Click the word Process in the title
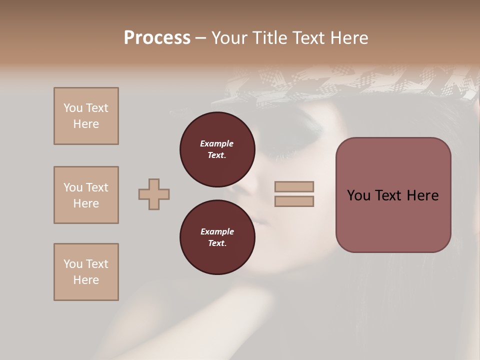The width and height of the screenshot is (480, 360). [x=157, y=38]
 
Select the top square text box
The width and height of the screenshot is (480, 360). [x=86, y=116]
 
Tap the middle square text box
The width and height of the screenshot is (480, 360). [x=86, y=195]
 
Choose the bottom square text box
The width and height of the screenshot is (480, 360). [x=86, y=272]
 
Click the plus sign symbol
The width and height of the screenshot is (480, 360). [x=154, y=194]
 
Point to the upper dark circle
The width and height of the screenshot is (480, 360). [x=217, y=149]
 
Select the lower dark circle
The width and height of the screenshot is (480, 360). [x=217, y=237]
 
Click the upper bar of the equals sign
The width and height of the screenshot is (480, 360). [x=294, y=187]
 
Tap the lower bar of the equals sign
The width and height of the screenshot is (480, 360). [x=294, y=201]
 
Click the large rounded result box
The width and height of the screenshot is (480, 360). [x=393, y=195]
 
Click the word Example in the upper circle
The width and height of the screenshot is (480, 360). [x=217, y=143]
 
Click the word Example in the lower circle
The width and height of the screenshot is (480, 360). [x=217, y=231]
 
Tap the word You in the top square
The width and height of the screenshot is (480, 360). [x=72, y=108]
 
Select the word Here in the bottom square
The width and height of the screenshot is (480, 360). [x=86, y=280]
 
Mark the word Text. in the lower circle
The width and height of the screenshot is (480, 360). [x=217, y=243]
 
